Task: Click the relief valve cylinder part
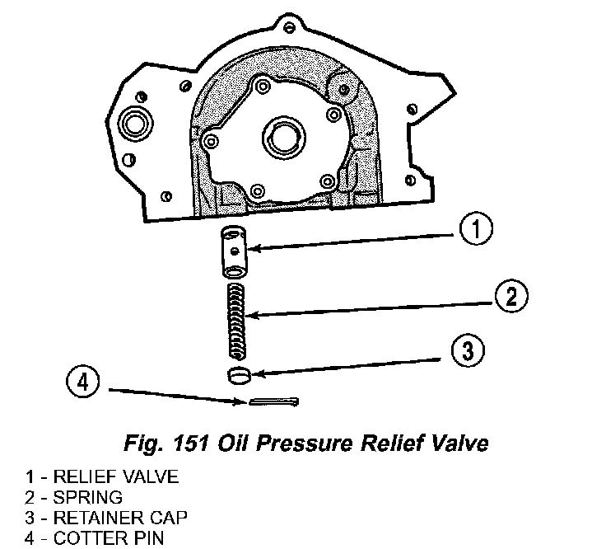point(235,251)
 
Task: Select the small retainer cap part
point(239,375)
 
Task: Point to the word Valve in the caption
point(462,443)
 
